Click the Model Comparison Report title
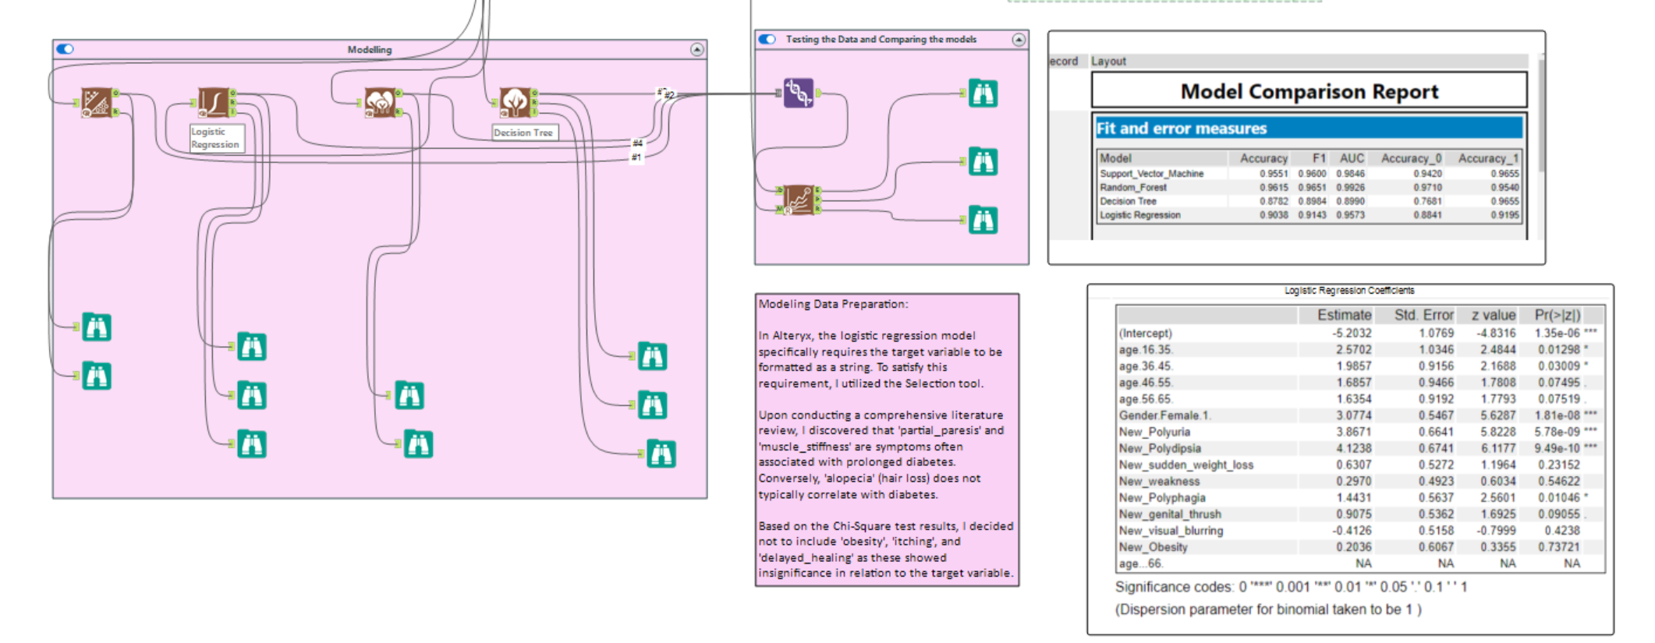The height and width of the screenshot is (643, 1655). coord(1309,91)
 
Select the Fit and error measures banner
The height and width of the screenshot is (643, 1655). coord(1181,129)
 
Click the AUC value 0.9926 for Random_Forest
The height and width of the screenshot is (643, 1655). coord(1350,188)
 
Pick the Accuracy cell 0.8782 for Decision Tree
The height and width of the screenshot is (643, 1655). coord(1274,201)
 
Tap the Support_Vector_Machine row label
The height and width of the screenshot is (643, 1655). coord(1151,174)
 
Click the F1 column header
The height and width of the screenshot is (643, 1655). coord(1319,158)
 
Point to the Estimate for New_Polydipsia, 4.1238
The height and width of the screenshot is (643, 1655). coord(1353,448)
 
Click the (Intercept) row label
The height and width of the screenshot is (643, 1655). coord(1145,334)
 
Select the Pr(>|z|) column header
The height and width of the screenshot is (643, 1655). coord(1557,315)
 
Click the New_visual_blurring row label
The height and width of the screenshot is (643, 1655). coord(1171,531)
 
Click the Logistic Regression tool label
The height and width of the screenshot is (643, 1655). coord(215,138)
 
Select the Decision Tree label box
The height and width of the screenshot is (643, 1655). coord(523,132)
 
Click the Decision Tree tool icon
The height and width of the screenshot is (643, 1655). coord(515,101)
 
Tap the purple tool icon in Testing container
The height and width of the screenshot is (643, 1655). coord(798,93)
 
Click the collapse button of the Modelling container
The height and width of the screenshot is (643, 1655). coord(697,49)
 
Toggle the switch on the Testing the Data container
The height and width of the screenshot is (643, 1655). coord(767,39)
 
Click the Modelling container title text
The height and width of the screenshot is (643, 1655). coord(370,50)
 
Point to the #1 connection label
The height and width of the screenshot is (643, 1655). coord(636,157)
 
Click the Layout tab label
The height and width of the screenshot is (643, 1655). coord(1108,61)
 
